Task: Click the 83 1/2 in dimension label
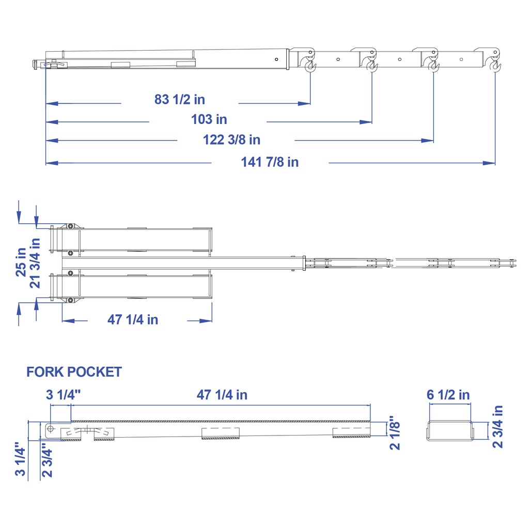(180, 99)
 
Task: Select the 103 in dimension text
(209, 120)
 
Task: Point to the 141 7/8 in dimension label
(270, 162)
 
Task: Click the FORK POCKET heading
(74, 372)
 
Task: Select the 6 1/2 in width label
(448, 395)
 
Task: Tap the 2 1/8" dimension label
(395, 432)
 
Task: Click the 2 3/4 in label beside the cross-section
(497, 426)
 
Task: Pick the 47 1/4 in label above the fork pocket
(222, 395)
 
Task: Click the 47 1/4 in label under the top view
(133, 320)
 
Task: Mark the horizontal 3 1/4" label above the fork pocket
(64, 395)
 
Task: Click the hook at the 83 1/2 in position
(310, 65)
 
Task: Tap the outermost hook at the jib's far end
(496, 65)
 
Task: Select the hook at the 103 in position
(372, 65)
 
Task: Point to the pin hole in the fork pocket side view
(51, 428)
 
